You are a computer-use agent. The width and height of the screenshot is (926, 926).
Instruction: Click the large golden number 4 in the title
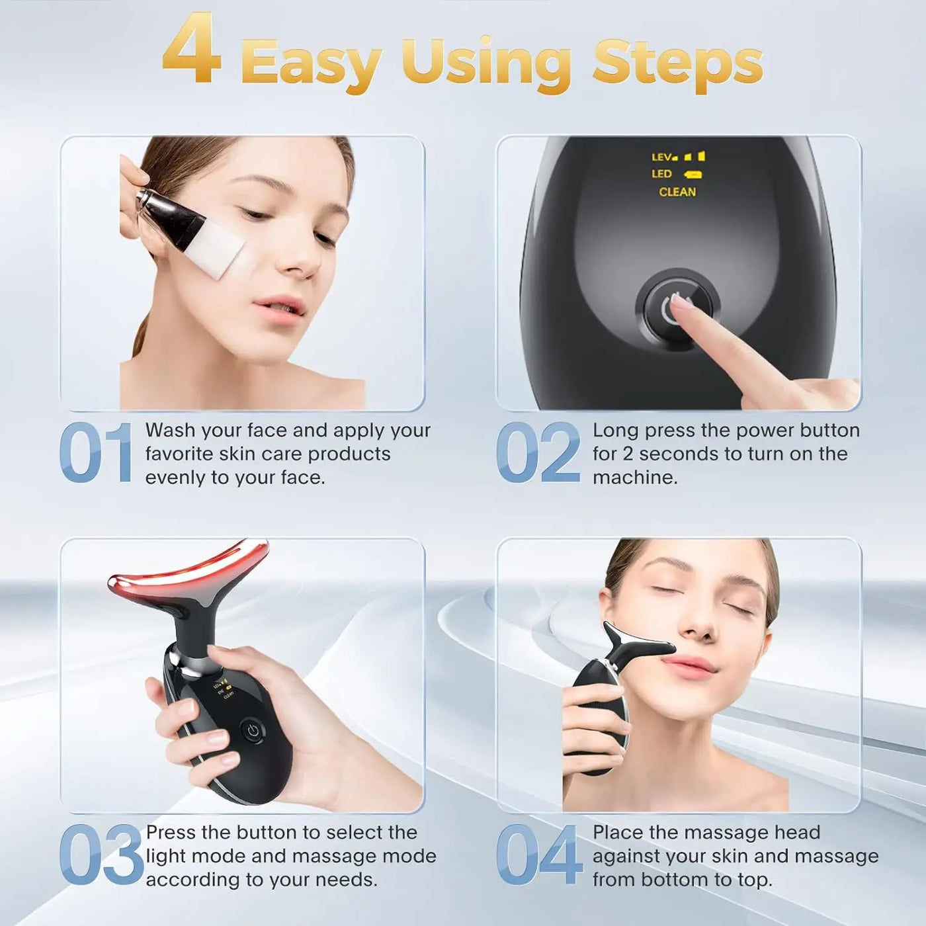pyautogui.click(x=191, y=50)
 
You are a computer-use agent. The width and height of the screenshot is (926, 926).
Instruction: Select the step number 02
pyautogui.click(x=537, y=453)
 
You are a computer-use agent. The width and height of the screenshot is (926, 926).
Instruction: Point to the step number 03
pyautogui.click(x=100, y=855)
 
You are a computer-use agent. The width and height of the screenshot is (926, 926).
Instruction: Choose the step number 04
pyautogui.click(x=538, y=855)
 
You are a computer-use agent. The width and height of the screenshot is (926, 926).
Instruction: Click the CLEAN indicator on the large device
pyautogui.click(x=677, y=192)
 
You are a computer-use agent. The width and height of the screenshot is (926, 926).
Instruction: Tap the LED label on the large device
pyautogui.click(x=661, y=174)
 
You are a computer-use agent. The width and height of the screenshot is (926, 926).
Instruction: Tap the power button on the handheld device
pyautogui.click(x=252, y=731)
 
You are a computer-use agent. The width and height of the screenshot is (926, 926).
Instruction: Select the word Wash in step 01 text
pyautogui.click(x=170, y=431)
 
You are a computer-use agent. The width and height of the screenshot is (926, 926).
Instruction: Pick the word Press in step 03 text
pyautogui.click(x=171, y=832)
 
